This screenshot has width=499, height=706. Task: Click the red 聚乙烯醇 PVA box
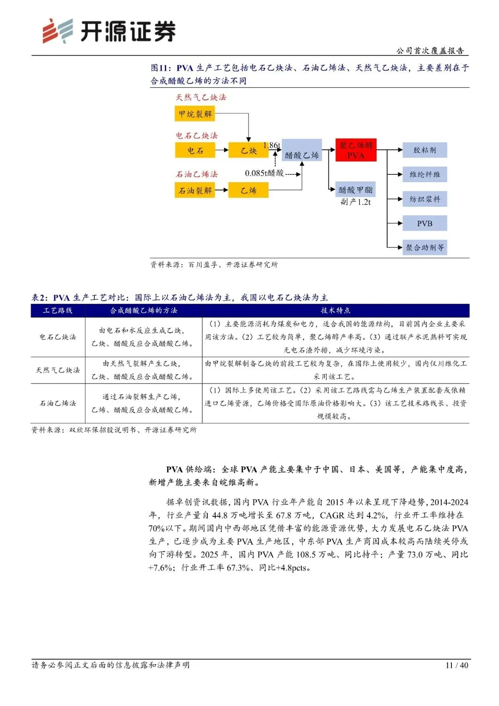[x=356, y=150]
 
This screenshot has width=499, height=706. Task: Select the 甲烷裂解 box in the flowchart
[x=195, y=114]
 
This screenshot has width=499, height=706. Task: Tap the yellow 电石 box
[x=195, y=150]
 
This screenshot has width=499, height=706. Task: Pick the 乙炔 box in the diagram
[x=248, y=150]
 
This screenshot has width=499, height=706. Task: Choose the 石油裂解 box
[x=195, y=190]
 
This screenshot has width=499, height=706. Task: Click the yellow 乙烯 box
[x=248, y=190]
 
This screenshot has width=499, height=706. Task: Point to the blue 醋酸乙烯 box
[x=302, y=150]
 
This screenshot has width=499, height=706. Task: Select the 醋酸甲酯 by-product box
[x=355, y=190]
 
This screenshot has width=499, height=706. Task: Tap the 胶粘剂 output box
[x=425, y=150]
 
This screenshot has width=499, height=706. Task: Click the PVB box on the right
[x=425, y=223]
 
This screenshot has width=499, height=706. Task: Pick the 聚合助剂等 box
[x=425, y=247]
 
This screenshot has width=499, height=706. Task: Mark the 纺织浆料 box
[x=425, y=199]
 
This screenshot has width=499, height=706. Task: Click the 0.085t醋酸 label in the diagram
[x=264, y=173]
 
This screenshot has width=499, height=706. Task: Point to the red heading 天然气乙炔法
[x=201, y=97]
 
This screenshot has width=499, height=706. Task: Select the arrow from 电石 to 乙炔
[x=222, y=150]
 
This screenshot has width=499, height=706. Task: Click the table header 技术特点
[x=335, y=310]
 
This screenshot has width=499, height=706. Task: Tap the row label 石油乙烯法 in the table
[x=58, y=403]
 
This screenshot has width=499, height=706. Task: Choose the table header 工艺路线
[x=58, y=310]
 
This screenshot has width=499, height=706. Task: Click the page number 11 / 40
[x=456, y=665]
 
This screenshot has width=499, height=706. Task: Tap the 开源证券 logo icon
[x=58, y=31]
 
